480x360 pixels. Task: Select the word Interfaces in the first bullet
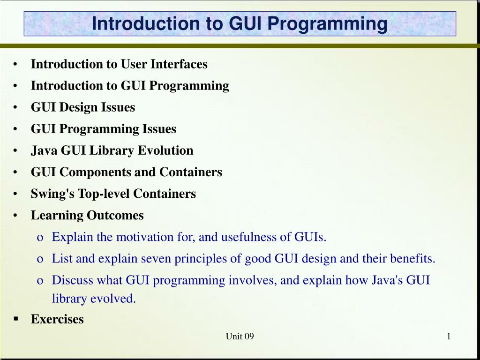179,64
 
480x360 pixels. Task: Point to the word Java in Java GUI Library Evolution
44,150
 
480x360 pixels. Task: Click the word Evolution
165,150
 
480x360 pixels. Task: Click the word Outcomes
115,215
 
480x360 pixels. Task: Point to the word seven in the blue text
156,259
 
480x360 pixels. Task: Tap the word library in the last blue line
69,299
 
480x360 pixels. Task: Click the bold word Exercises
57,319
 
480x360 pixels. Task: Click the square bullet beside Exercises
16,319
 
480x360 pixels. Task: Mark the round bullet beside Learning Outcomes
15,216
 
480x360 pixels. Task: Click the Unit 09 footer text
240,337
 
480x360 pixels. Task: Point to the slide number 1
449,337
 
